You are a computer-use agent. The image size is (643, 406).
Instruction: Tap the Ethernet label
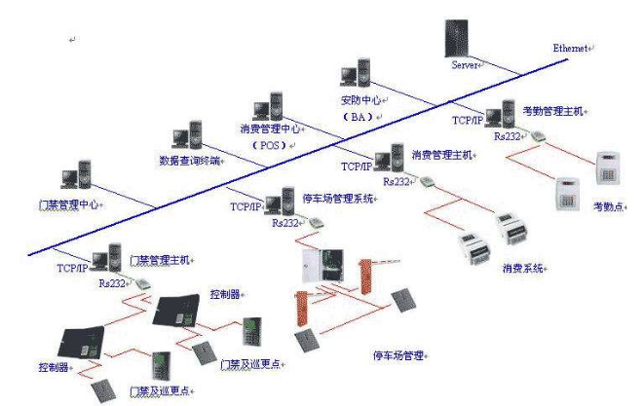click(x=572, y=48)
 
